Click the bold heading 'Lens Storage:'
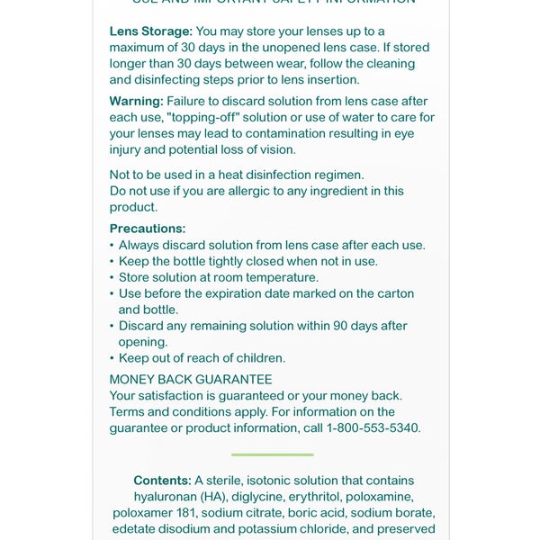pyautogui.click(x=151, y=31)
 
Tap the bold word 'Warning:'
pyautogui.click(x=137, y=101)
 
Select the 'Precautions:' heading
pyautogui.click(x=148, y=229)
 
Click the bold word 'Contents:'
pyautogui.click(x=162, y=481)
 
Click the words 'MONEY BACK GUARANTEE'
pyautogui.click(x=191, y=380)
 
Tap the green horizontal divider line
pyautogui.click(x=272, y=454)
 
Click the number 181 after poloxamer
pyautogui.click(x=184, y=513)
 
